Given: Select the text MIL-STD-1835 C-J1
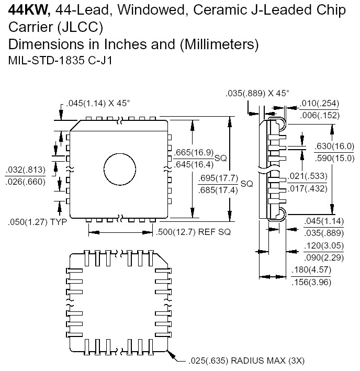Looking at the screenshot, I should [61, 60].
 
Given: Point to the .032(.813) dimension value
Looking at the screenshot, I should [26, 170].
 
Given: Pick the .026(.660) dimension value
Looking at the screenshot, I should [26, 181].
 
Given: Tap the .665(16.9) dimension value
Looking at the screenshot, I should [194, 152].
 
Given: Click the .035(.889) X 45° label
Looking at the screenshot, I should [257, 93].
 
